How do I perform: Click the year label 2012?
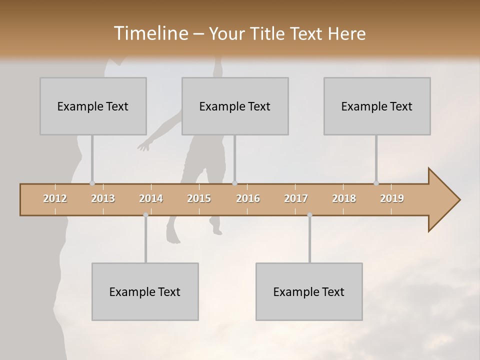(x=55, y=198)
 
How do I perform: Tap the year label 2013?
(x=103, y=198)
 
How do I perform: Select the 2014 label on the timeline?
(x=151, y=198)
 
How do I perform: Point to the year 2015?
(x=199, y=198)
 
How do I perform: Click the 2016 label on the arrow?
(x=248, y=198)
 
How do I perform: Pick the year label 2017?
(x=296, y=198)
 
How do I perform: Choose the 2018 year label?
(x=344, y=198)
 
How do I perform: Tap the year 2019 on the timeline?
(x=392, y=198)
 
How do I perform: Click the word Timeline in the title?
(x=150, y=33)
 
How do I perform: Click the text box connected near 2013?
(x=93, y=106)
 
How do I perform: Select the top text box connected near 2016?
(x=235, y=106)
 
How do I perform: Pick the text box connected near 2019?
(x=377, y=106)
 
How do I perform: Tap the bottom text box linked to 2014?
(x=145, y=291)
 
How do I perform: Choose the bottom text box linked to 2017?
(x=309, y=291)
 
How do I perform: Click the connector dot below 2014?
(x=145, y=215)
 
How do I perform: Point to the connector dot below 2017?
(x=309, y=215)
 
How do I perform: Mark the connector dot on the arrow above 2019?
(x=376, y=183)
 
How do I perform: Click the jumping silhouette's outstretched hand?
(x=143, y=147)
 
